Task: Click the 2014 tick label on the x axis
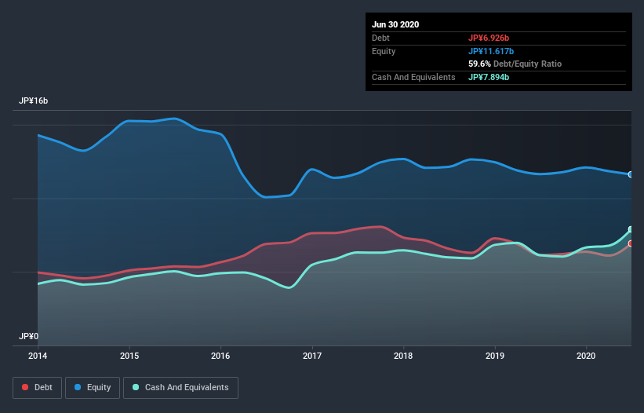point(38,355)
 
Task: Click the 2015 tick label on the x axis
point(129,355)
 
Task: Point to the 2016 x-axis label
point(220,355)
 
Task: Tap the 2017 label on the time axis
point(312,355)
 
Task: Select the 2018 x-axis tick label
point(404,355)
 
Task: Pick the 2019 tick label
point(495,355)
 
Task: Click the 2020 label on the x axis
point(587,355)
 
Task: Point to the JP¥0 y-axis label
point(28,336)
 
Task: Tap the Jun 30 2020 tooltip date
point(395,24)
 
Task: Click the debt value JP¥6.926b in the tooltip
point(489,38)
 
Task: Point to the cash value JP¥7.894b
point(489,77)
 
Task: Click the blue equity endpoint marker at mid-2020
point(631,174)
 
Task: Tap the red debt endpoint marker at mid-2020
point(631,243)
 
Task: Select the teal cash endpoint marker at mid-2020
point(631,230)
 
